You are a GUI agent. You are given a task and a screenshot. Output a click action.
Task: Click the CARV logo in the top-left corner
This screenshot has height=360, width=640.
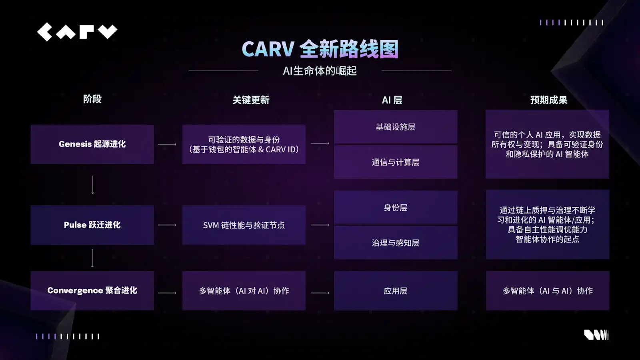tap(77, 32)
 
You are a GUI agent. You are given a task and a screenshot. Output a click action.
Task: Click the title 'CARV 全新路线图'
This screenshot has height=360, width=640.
tap(320, 49)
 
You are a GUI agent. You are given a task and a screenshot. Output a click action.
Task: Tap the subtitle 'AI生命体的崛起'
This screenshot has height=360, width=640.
tap(320, 71)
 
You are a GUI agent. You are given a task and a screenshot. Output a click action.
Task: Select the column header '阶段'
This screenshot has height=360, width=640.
tap(92, 99)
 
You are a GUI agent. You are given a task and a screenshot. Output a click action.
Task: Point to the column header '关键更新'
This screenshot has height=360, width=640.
tap(251, 100)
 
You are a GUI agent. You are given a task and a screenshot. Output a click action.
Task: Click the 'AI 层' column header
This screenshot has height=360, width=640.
tap(392, 100)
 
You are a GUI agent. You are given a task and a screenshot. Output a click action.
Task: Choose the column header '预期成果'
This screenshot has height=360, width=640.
tap(549, 100)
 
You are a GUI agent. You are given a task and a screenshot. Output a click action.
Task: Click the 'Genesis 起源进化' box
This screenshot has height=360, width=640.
tap(92, 144)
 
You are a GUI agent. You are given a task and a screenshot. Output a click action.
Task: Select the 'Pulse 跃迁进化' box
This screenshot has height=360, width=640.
tap(92, 225)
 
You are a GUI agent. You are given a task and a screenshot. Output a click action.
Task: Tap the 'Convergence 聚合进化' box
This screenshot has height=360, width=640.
tap(92, 291)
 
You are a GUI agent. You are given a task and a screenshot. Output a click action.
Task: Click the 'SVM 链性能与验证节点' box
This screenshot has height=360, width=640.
tap(244, 225)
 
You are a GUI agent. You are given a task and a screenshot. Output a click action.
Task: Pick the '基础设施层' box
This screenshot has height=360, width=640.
tap(396, 127)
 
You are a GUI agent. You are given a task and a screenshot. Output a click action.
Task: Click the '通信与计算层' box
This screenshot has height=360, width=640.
tap(396, 162)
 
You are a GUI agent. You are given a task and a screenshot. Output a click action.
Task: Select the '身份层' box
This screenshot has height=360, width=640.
tap(396, 208)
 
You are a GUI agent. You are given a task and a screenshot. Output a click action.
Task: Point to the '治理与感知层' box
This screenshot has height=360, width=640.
tap(396, 243)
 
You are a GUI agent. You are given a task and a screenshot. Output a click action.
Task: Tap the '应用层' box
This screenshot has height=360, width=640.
tap(396, 291)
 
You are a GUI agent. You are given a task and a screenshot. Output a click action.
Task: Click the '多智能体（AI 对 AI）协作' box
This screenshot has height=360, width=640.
tap(244, 291)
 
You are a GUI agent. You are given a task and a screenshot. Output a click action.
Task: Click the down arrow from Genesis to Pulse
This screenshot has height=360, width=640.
tap(93, 185)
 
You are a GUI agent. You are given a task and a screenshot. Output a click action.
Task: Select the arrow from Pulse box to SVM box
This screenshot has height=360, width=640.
tap(167, 225)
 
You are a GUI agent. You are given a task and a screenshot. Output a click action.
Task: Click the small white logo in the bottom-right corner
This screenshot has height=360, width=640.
tap(596, 335)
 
